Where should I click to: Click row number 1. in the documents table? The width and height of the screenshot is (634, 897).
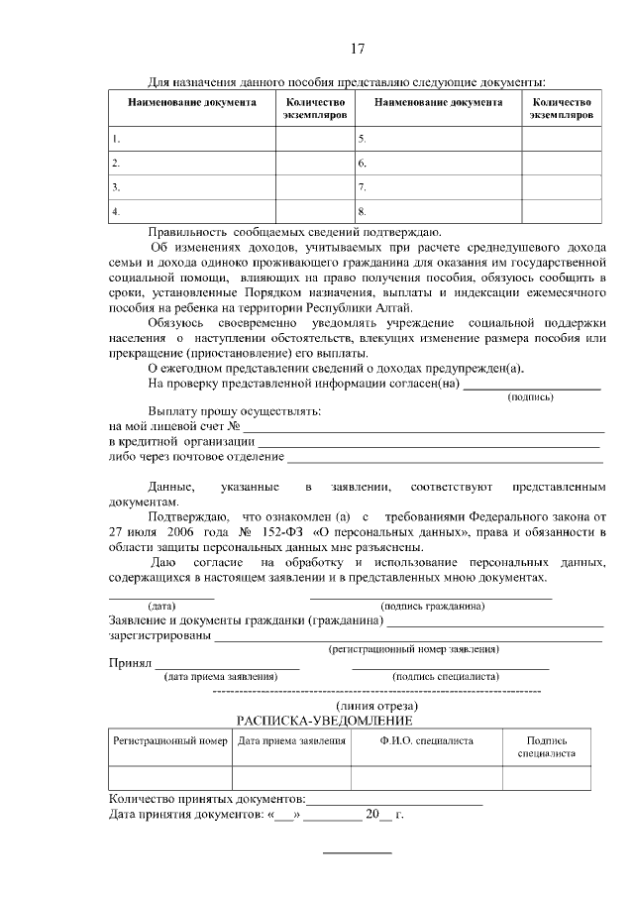click(116, 139)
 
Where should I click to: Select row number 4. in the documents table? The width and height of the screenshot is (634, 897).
click(116, 211)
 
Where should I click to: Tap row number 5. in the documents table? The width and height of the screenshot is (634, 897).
click(363, 139)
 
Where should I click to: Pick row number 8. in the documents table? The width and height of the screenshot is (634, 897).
click(363, 211)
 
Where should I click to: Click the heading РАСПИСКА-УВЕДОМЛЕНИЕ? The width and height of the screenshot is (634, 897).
click(324, 721)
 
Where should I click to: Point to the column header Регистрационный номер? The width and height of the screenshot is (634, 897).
click(170, 740)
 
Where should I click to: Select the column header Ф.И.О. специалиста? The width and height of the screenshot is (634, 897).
click(426, 740)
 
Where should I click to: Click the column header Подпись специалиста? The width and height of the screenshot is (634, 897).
click(547, 746)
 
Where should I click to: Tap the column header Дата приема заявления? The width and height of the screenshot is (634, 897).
click(291, 740)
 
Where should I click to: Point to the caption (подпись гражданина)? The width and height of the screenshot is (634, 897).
click(432, 606)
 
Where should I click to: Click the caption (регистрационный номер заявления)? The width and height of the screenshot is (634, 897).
click(413, 648)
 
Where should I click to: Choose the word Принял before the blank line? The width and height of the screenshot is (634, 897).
click(129, 662)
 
